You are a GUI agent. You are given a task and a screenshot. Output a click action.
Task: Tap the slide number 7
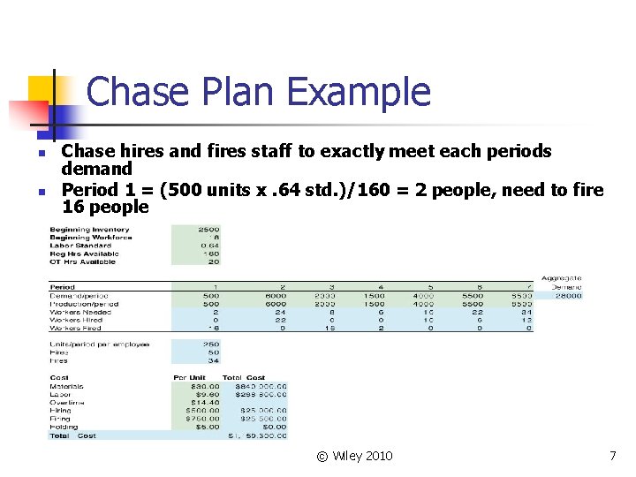point(612,456)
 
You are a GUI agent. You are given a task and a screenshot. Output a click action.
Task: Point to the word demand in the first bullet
point(97,168)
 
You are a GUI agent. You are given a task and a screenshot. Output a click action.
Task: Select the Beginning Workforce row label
point(91,237)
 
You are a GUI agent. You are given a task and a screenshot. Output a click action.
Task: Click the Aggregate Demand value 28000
point(566,295)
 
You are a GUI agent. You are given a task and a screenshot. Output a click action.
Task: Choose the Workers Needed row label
point(82,312)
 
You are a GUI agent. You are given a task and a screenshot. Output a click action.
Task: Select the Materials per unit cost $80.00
point(201,386)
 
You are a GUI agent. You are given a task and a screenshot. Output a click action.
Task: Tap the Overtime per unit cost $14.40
point(201,402)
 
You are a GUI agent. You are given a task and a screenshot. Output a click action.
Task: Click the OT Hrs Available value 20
point(212,261)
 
